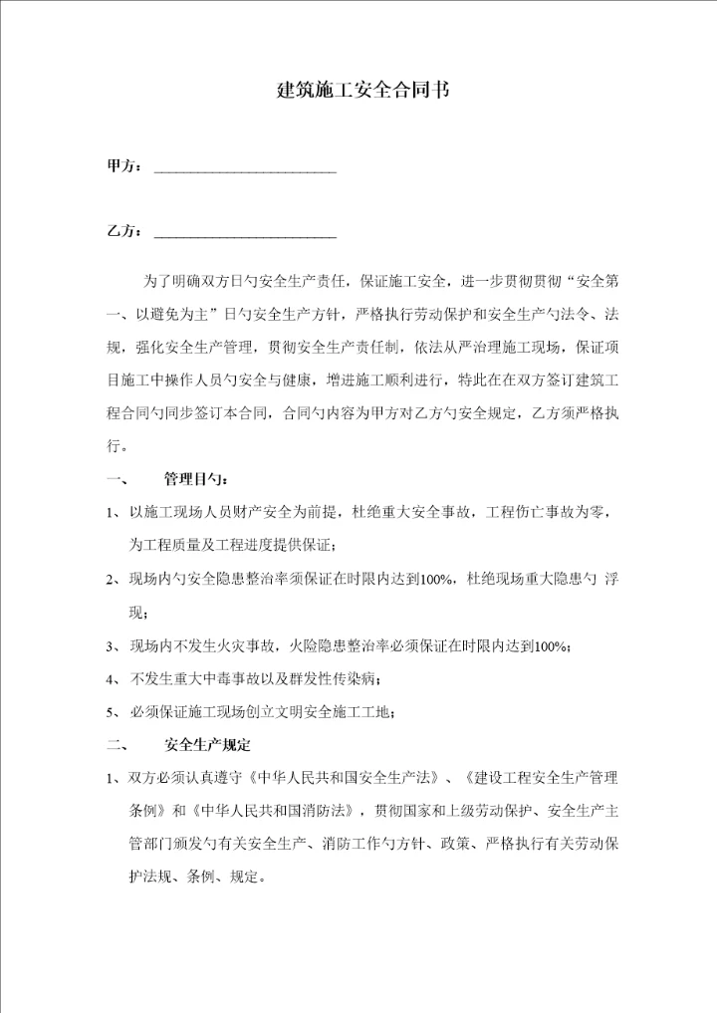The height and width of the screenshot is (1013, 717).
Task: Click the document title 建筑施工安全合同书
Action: (361, 90)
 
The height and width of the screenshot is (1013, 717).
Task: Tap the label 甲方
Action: (123, 165)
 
